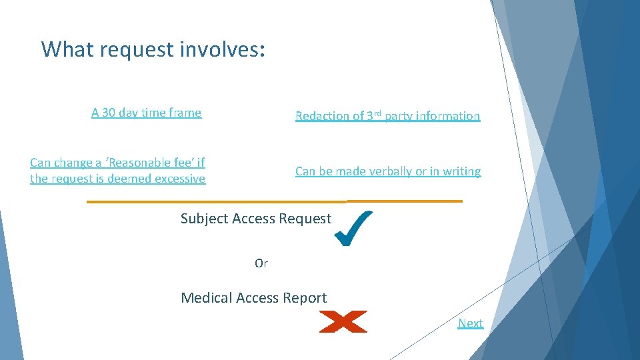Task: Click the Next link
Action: click(x=470, y=323)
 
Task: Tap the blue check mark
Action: click(x=353, y=228)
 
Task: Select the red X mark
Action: click(x=343, y=322)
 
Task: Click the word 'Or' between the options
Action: click(x=261, y=263)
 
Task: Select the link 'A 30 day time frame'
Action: click(x=146, y=113)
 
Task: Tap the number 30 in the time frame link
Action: click(x=109, y=113)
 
